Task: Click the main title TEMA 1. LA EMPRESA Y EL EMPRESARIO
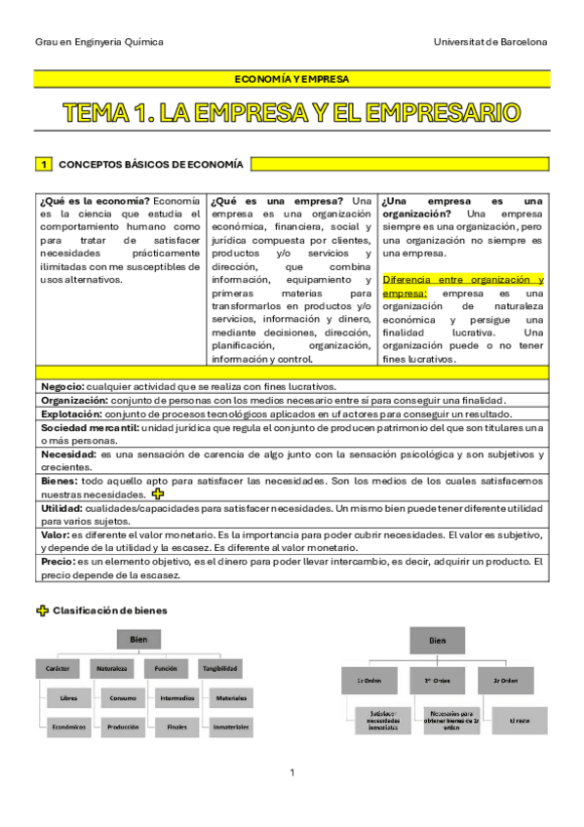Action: [x=292, y=113]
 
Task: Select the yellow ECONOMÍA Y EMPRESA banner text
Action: [x=292, y=78]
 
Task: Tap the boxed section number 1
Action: [x=43, y=164]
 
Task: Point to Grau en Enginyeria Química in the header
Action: [x=98, y=42]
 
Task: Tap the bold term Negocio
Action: [x=61, y=387]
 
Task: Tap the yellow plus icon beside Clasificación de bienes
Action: [x=42, y=610]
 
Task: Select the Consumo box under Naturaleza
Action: [x=123, y=698]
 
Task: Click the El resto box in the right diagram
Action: [x=519, y=721]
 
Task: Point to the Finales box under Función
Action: [x=176, y=727]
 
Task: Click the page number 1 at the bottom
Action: [x=292, y=773]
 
